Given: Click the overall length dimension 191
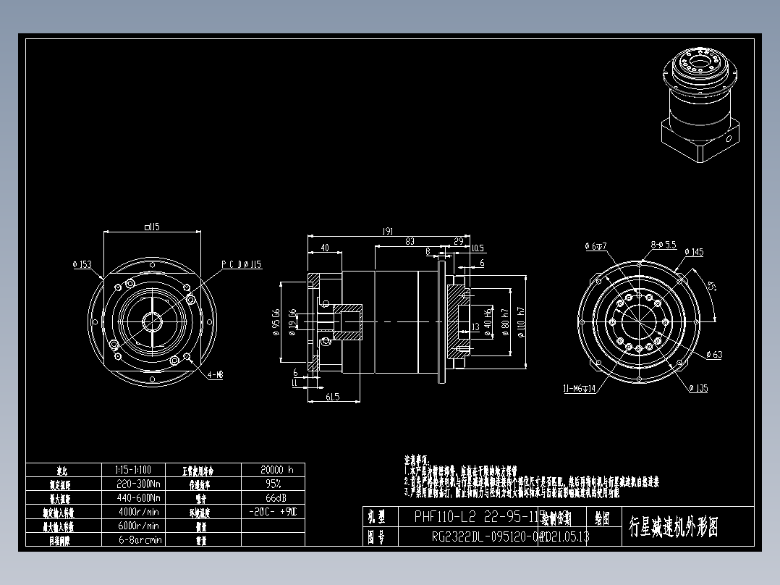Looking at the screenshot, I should tap(387, 231).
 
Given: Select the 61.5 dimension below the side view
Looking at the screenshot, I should tap(333, 396).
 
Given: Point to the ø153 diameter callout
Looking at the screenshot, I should tap(82, 265).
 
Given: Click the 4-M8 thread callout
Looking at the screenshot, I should tap(216, 375).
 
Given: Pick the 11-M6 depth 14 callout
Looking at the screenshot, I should tap(580, 389).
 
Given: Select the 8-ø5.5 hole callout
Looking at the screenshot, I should tap(663, 245).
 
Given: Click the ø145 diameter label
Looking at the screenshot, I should tap(692, 252).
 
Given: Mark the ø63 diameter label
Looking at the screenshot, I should tap(713, 355).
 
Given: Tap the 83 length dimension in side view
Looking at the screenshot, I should tap(410, 240).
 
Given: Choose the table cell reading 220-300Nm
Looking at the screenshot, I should tap(137, 484).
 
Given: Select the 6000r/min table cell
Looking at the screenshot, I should tap(137, 526).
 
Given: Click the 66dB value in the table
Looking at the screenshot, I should tap(272, 498).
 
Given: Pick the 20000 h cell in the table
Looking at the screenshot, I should tap(272, 470).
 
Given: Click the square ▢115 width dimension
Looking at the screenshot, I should tap(152, 227).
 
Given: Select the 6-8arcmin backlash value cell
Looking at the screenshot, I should tap(137, 539).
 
